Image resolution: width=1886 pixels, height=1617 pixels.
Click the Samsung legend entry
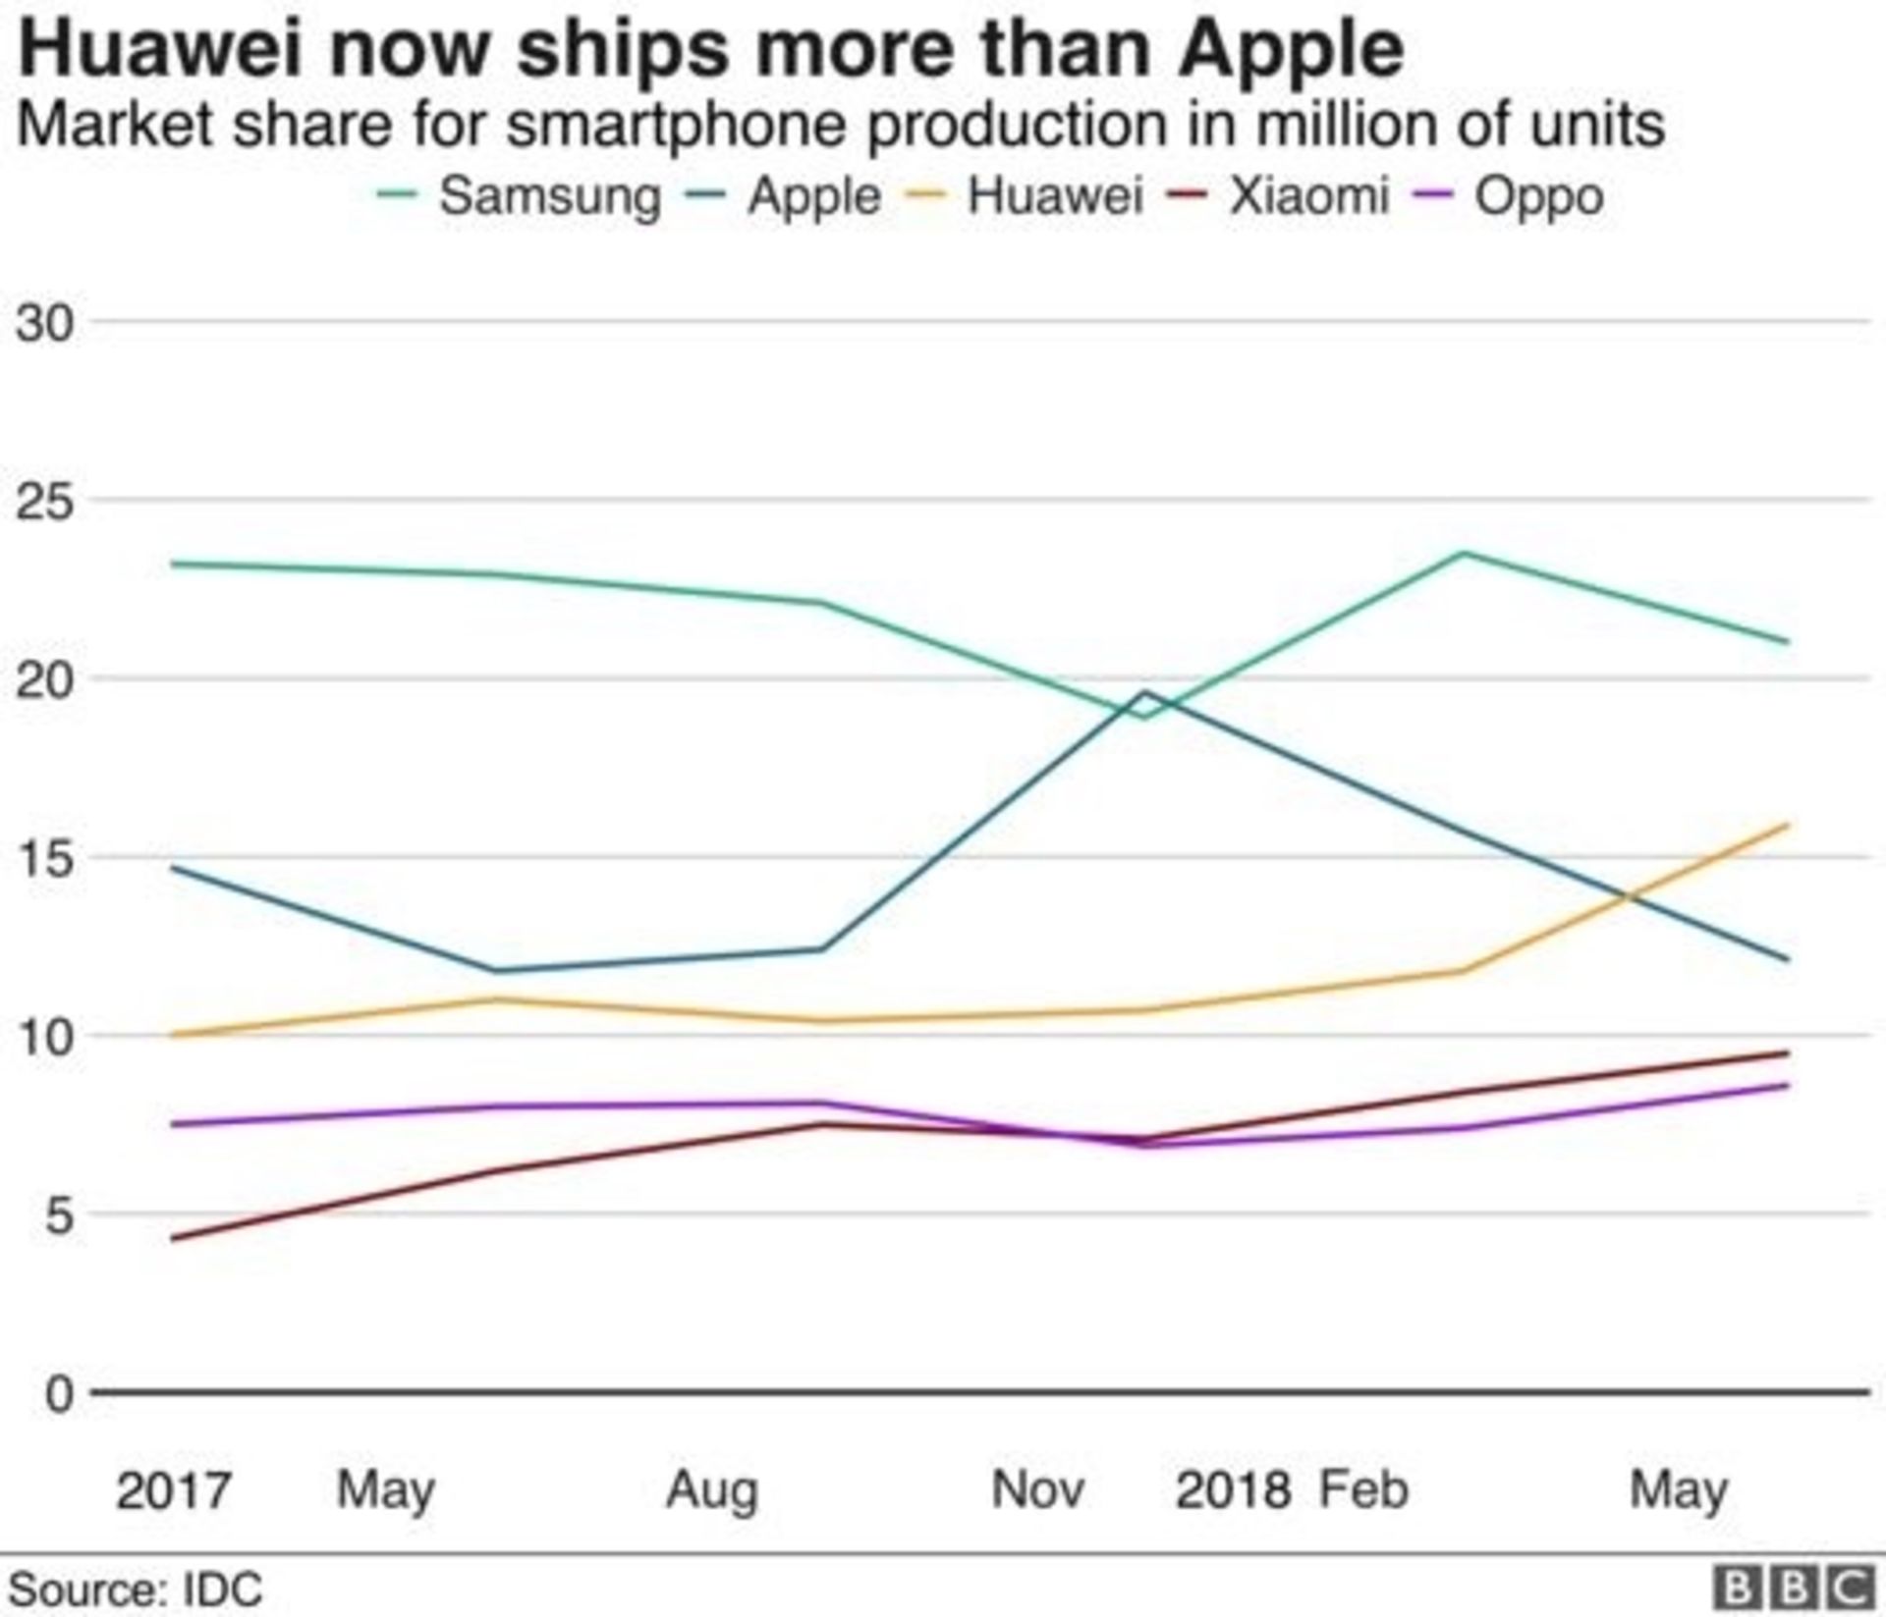coord(548,195)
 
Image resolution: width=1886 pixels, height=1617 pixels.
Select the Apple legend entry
coord(813,195)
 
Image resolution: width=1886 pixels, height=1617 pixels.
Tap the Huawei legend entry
coord(1054,195)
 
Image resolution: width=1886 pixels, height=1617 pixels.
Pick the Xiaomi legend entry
coord(1308,195)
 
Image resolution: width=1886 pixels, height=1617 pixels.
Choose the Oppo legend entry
coord(1538,195)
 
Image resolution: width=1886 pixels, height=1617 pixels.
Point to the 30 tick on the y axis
coord(45,322)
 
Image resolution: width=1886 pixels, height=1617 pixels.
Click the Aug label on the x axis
coord(712,1490)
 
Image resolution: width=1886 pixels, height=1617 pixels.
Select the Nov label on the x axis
coord(1037,1490)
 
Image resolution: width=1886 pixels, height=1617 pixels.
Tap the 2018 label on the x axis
coord(1233,1490)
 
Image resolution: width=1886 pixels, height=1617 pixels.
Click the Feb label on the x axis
coord(1363,1490)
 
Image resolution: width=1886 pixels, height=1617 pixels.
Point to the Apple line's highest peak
coord(1142,692)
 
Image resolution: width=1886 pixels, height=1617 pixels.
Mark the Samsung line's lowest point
coord(1142,717)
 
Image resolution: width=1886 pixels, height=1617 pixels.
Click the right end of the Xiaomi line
coord(1787,1053)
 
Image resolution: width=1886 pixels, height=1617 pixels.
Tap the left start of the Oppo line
coord(174,1124)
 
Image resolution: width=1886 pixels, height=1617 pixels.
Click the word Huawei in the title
coord(160,49)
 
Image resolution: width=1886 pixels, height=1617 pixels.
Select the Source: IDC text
coord(136,1589)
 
